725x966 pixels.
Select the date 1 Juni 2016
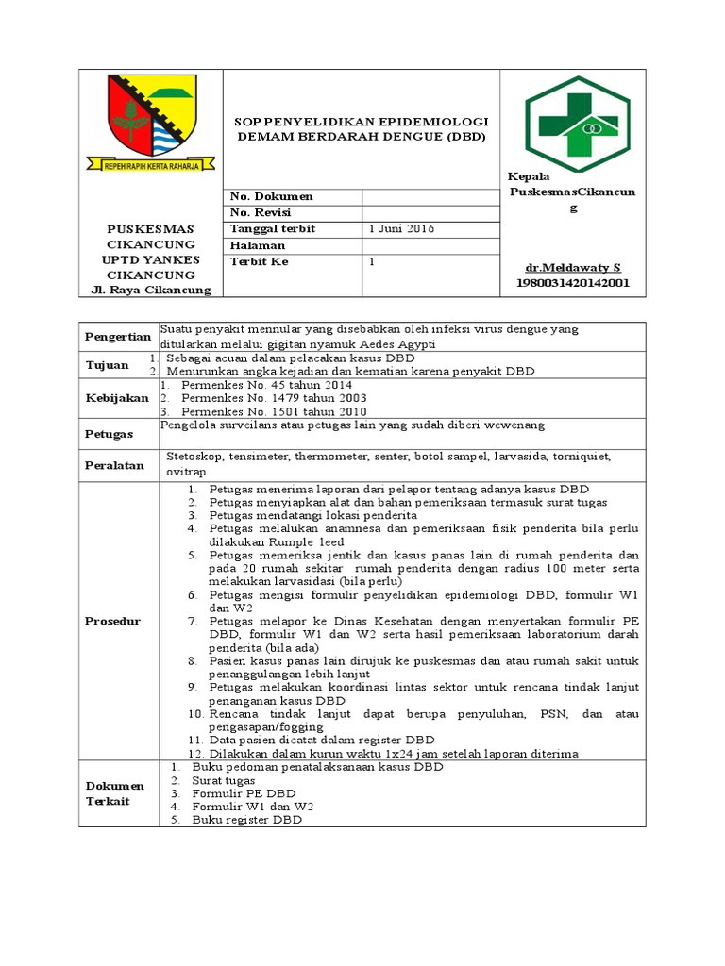[x=401, y=229]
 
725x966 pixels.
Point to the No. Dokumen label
[x=271, y=196]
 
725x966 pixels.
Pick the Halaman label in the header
[x=258, y=245]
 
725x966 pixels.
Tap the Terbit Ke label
[x=260, y=261]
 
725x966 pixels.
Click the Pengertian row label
[x=118, y=337]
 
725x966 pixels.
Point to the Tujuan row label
[x=107, y=365]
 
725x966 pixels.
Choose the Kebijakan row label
[x=117, y=398]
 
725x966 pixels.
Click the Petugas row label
[x=110, y=432]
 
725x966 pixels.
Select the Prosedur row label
[x=112, y=621]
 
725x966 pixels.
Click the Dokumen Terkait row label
[x=114, y=793]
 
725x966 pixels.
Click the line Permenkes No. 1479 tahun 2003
[x=266, y=399]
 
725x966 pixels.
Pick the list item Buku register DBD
[x=246, y=821]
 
